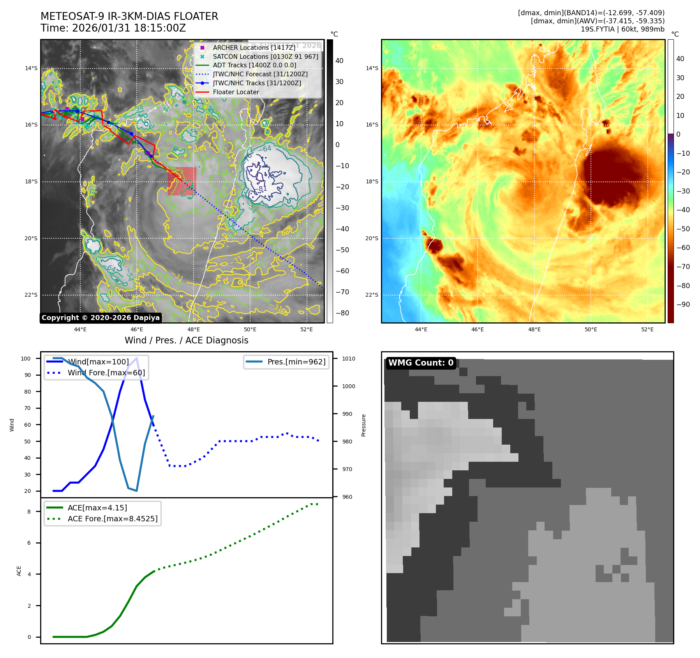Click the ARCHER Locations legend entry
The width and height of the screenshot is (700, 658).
point(254,48)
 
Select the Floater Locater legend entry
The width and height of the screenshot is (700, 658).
point(236,92)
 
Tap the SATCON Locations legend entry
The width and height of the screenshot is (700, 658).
point(265,56)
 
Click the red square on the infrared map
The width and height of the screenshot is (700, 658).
point(182,181)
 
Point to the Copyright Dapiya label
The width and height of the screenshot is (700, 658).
point(101,318)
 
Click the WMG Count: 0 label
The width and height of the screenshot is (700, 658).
point(421,363)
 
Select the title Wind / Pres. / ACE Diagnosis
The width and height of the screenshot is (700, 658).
point(186,340)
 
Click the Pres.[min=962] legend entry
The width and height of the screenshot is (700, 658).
point(296,362)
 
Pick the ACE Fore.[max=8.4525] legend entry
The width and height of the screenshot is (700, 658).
point(113,519)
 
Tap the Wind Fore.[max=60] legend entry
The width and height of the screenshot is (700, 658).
point(106,373)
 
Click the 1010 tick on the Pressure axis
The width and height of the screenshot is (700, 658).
point(349,359)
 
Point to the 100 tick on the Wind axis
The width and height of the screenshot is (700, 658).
point(26,359)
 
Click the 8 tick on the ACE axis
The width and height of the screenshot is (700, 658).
point(29,512)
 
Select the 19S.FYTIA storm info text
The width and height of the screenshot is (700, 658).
point(622,29)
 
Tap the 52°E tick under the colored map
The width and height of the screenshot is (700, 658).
point(647,329)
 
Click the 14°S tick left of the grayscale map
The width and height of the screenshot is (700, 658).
point(31,68)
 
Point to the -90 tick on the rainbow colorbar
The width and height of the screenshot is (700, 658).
point(683,304)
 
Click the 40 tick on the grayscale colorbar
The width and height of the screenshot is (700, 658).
point(339,61)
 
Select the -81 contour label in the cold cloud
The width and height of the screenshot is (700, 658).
point(262,189)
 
